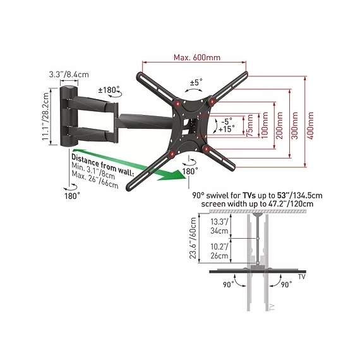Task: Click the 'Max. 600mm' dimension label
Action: coord(197,57)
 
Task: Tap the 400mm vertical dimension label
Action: coord(310,125)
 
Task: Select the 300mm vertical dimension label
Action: coord(294,125)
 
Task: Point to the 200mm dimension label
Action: coord(279,125)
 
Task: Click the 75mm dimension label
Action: coord(249,126)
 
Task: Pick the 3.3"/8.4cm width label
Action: coord(69,75)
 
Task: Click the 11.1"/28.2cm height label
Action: coord(45,116)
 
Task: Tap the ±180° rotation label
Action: coord(109,90)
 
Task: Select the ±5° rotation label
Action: coord(196,82)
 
